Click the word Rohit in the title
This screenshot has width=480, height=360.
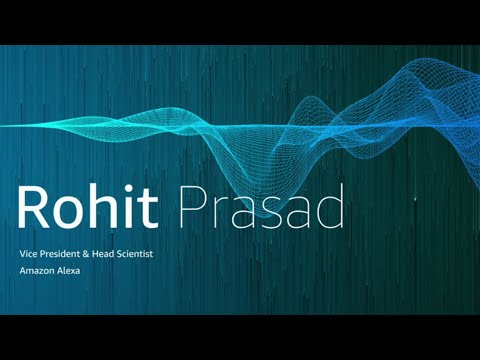pyautogui.click(x=89, y=208)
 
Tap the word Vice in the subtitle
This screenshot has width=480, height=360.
pyautogui.click(x=29, y=255)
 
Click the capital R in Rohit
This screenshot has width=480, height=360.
pyautogui.click(x=34, y=208)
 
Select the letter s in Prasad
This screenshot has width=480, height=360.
pyautogui.click(x=270, y=213)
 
